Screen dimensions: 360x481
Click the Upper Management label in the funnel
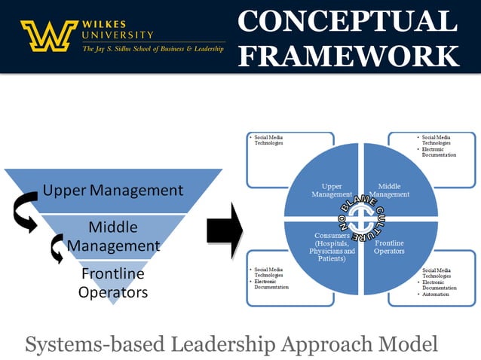click(x=113, y=190)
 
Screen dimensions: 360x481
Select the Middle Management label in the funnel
click(x=114, y=236)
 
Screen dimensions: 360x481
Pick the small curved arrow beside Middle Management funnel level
click(x=57, y=249)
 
